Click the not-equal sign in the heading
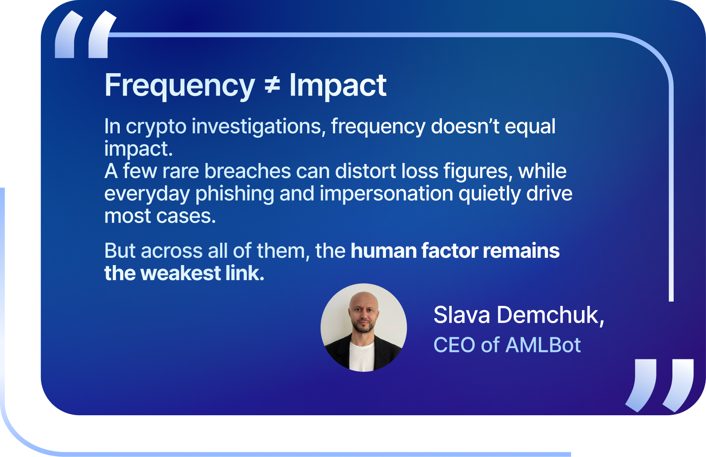click(x=272, y=85)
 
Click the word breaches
click(x=247, y=171)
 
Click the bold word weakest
click(x=180, y=273)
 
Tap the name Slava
click(x=462, y=315)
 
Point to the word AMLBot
click(x=543, y=345)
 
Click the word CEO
click(x=454, y=345)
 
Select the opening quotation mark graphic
click(x=85, y=34)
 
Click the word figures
click(x=478, y=172)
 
